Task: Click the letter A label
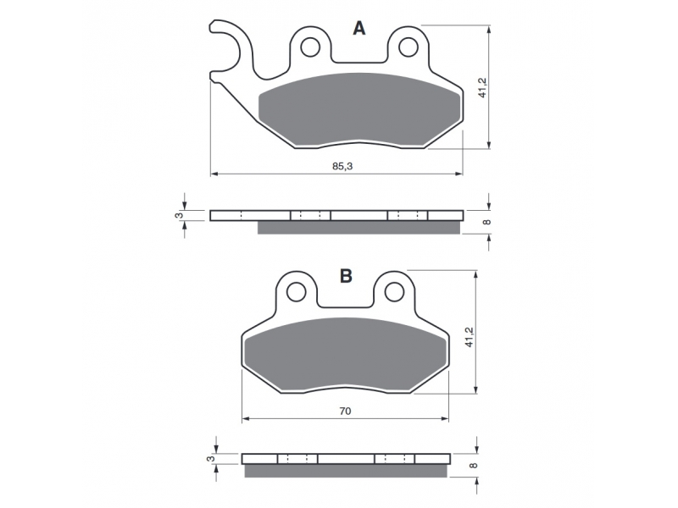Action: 358,29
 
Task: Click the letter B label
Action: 346,275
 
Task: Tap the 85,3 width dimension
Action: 342,166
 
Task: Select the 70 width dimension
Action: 345,411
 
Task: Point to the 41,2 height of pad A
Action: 482,88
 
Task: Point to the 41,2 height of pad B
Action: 470,337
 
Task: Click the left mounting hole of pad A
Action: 310,47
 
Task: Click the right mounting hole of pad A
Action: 408,47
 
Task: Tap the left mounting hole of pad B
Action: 296,292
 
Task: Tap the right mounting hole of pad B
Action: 394,292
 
